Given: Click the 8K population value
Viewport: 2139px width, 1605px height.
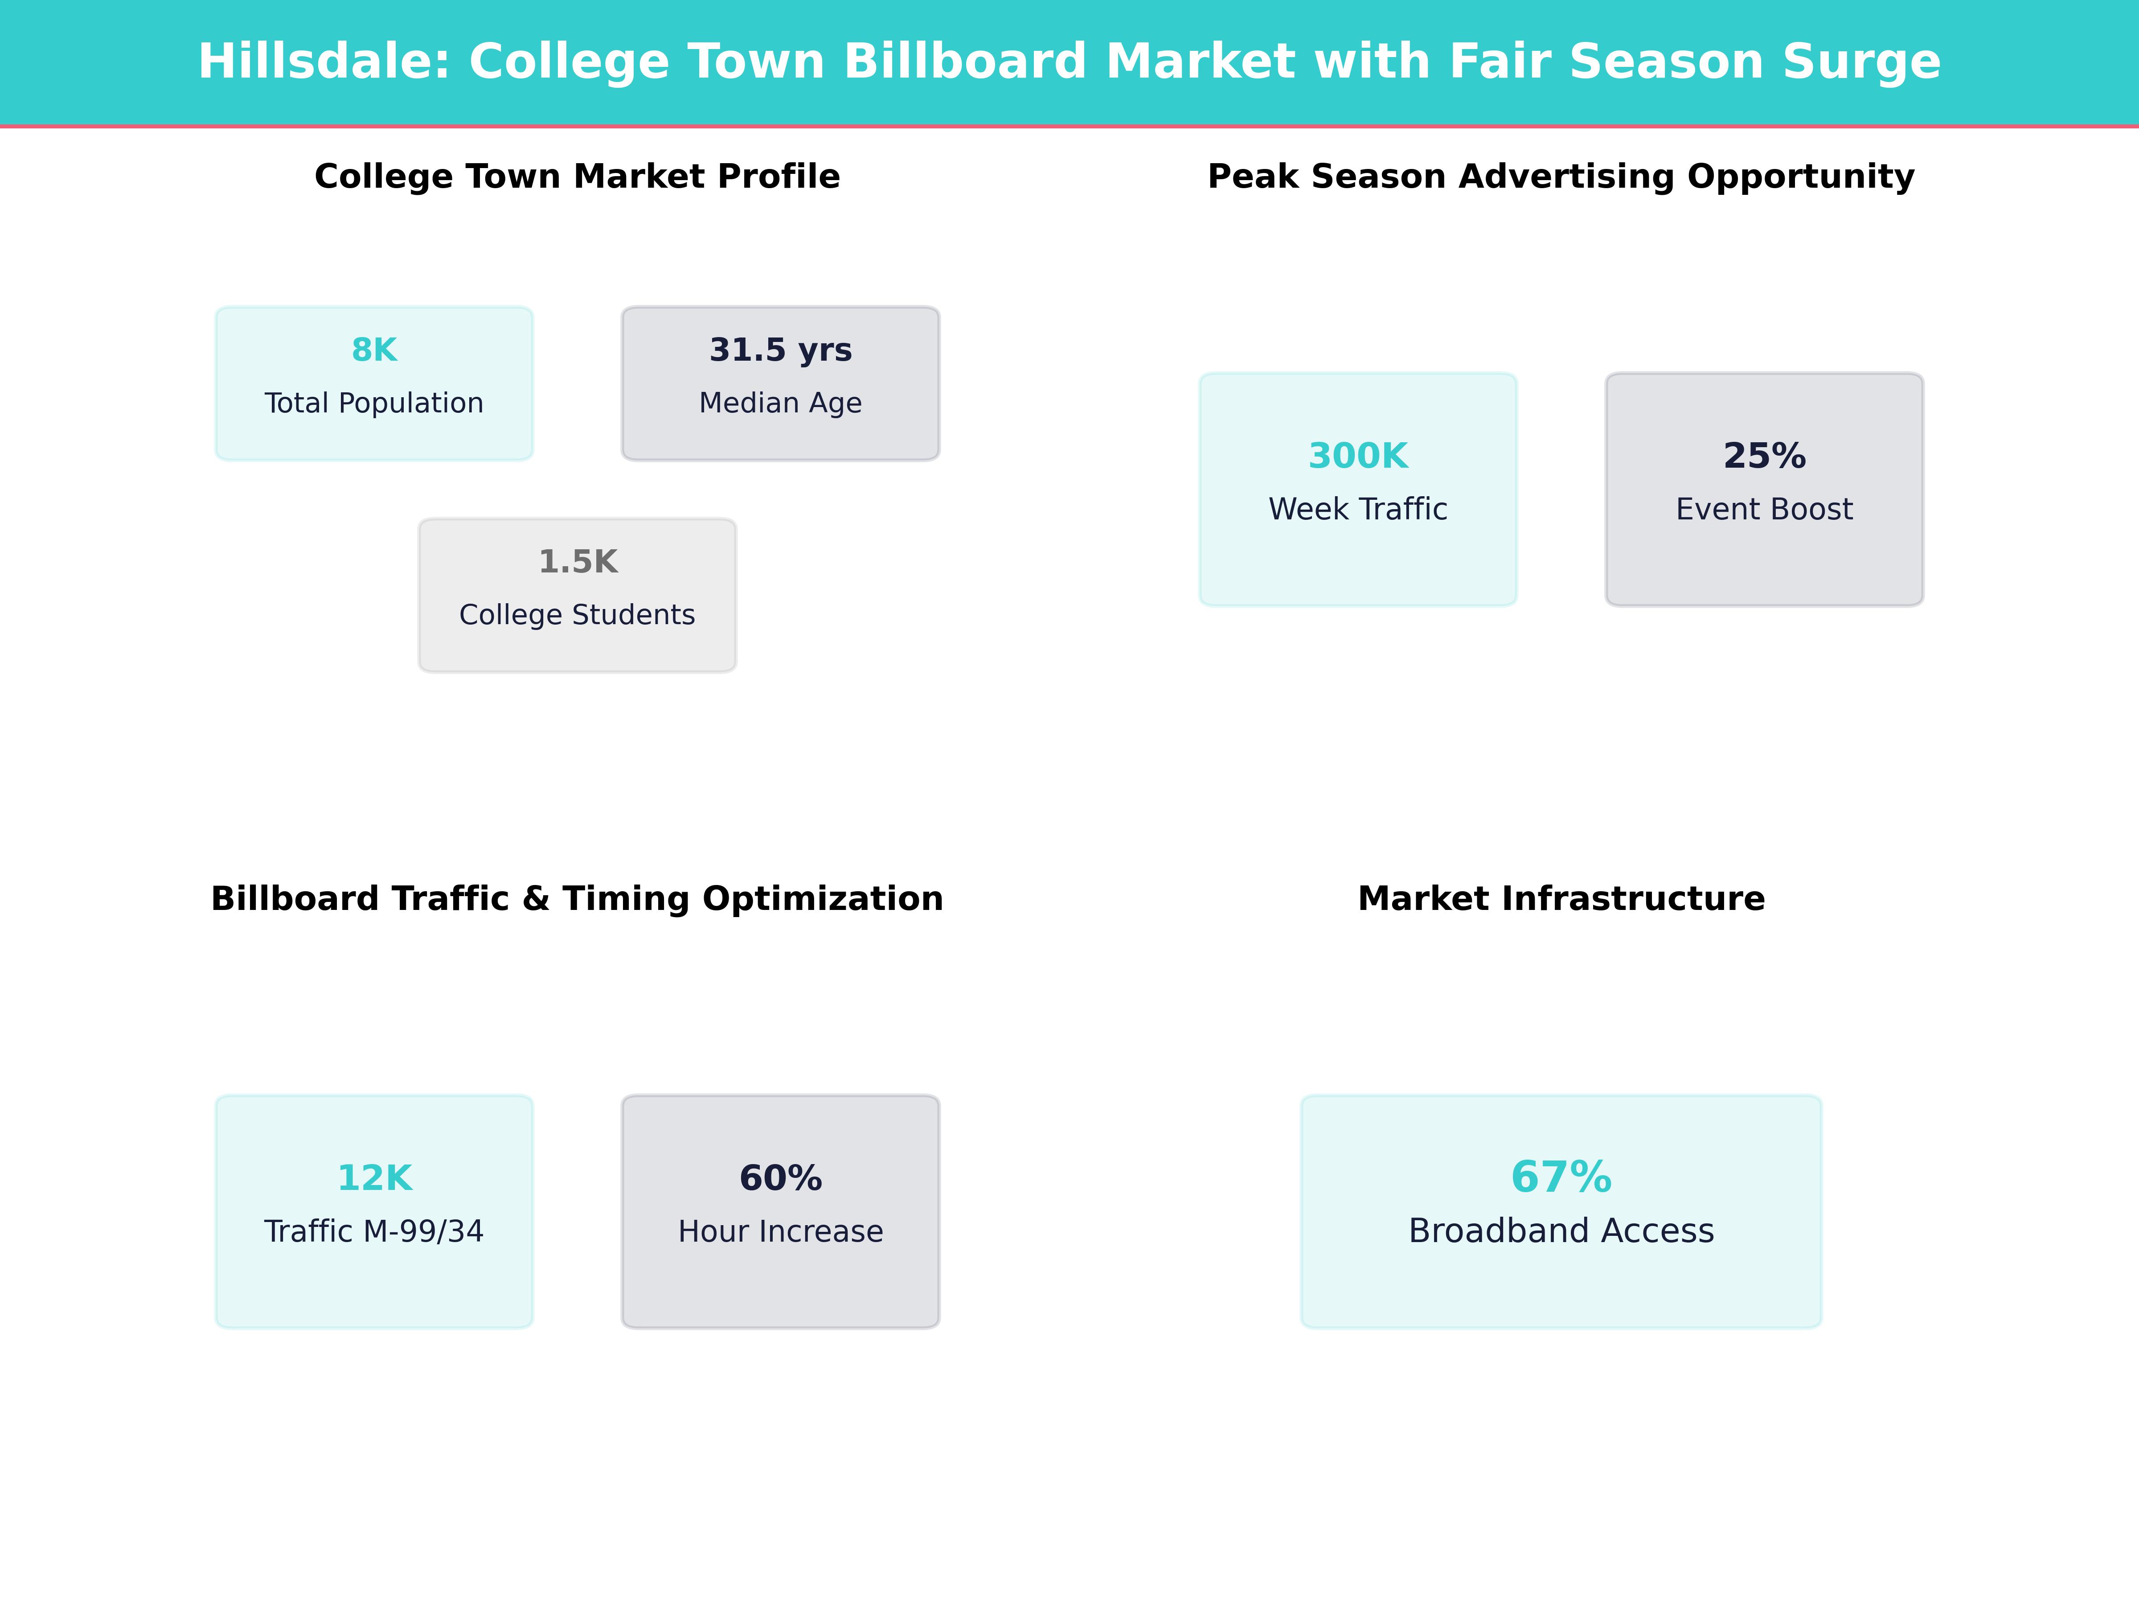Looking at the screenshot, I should pyautogui.click(x=374, y=350).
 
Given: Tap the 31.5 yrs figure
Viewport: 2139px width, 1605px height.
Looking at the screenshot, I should pyautogui.click(x=780, y=350).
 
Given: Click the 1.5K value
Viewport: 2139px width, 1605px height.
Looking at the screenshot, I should pyautogui.click(x=577, y=562).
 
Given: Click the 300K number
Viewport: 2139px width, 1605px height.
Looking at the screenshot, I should pyautogui.click(x=1358, y=456).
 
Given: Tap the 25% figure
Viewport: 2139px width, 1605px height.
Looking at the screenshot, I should pyautogui.click(x=1764, y=456).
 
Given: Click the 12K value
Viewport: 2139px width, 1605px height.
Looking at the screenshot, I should pyautogui.click(x=374, y=1178).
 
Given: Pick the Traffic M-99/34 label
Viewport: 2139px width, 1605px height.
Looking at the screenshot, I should pyautogui.click(x=374, y=1231).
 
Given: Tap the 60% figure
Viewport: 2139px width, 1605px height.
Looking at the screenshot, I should pyautogui.click(x=780, y=1178).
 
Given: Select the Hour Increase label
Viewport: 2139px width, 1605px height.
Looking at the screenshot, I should pyautogui.click(x=780, y=1231).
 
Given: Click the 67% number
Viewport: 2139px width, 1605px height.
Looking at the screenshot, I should pyautogui.click(x=1561, y=1177).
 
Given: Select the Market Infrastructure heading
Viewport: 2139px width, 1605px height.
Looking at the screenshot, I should pyautogui.click(x=1561, y=899).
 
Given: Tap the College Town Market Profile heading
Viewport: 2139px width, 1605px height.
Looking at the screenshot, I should pyautogui.click(x=577, y=177).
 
